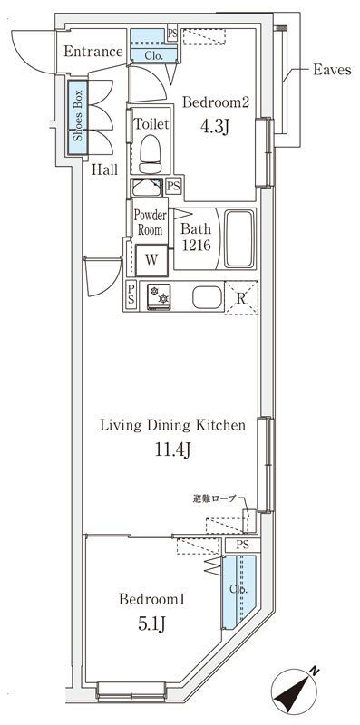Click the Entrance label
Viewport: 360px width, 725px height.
point(93,52)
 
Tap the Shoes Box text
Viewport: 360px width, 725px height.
point(78,115)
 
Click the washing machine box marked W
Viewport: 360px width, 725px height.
point(151,260)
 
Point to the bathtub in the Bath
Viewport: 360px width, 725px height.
point(239,238)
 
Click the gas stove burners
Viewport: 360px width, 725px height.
point(159,296)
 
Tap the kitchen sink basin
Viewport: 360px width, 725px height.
point(207,297)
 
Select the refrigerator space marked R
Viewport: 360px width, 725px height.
point(241,298)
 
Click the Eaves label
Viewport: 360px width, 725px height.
point(332,71)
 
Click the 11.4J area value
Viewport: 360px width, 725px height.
point(172,449)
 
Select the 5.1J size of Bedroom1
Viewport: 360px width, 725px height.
point(151,624)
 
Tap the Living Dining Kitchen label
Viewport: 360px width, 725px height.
point(172,425)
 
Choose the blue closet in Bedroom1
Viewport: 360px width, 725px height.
point(238,592)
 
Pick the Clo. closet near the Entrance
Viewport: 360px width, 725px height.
point(153,46)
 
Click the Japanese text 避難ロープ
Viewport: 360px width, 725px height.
point(214,498)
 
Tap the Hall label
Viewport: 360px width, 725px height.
point(104,169)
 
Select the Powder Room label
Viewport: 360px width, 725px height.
point(150,222)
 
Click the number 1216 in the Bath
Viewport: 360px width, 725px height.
point(196,246)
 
